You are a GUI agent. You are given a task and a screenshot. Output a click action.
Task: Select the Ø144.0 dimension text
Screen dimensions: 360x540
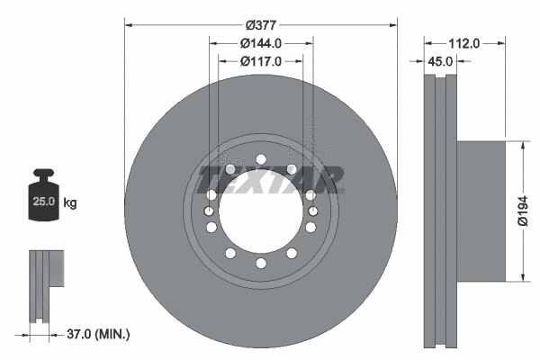(262, 42)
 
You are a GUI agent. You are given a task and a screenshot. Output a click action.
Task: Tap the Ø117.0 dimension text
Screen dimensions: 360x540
(262, 61)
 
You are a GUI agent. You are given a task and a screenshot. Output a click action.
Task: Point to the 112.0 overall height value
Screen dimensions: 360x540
(464, 42)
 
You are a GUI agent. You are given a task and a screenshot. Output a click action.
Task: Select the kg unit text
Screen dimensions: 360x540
(70, 203)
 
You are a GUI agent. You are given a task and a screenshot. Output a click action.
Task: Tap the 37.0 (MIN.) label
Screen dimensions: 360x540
(99, 335)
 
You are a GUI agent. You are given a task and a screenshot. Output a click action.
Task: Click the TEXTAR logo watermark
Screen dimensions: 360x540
(270, 177)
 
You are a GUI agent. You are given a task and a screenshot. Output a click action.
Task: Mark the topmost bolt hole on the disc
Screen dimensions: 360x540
(261, 160)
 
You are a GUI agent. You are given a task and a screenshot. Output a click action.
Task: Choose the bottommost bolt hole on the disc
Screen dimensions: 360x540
(261, 263)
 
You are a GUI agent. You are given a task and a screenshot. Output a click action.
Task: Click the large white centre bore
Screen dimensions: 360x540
(261, 211)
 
